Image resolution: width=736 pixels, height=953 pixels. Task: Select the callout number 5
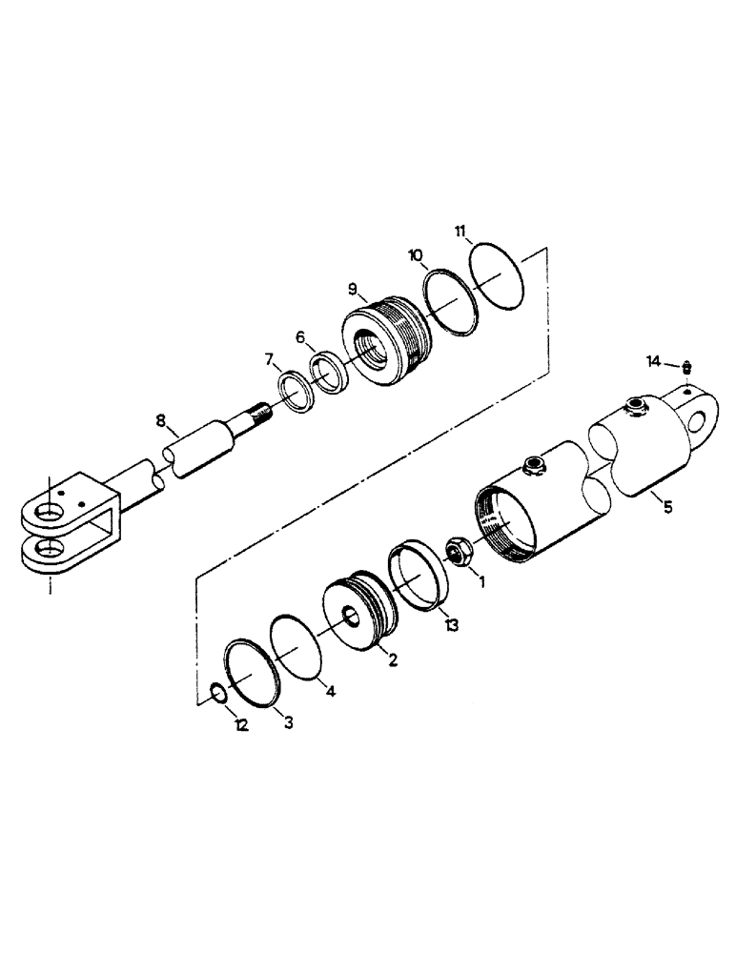point(667,507)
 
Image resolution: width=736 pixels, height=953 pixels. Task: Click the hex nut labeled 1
point(457,553)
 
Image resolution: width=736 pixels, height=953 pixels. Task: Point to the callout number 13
point(451,624)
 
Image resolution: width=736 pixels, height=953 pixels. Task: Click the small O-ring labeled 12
point(219,693)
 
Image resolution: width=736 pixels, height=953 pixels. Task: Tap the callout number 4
point(331,693)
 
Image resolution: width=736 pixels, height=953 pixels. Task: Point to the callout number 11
point(460,231)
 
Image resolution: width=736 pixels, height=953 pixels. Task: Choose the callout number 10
point(416,255)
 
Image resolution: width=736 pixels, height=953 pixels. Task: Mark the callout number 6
point(300,336)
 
